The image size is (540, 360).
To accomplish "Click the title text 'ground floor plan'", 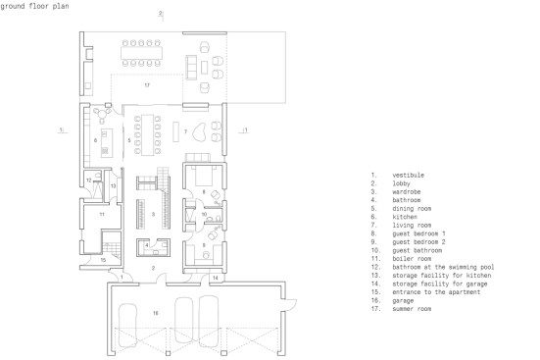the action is (x=34, y=6).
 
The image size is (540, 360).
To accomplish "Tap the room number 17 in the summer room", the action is (x=147, y=85).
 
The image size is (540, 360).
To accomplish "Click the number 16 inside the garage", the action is (x=156, y=313).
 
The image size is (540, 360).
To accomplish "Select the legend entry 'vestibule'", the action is (x=408, y=176).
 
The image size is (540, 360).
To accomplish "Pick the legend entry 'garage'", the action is (x=403, y=301).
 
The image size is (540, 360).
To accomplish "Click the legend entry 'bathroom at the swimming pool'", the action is (x=443, y=267).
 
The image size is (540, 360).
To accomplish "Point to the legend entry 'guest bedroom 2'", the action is (x=418, y=242).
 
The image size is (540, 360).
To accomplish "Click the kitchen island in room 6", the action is (x=107, y=143).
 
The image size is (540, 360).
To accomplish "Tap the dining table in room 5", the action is (x=147, y=134).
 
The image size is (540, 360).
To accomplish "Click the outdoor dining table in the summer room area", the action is (x=141, y=53).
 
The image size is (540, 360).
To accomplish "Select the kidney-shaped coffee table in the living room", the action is (x=199, y=132).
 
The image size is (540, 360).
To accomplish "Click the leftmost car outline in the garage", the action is (x=127, y=325).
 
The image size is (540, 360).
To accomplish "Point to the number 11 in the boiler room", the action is (x=102, y=215).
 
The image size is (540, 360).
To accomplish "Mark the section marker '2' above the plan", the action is (x=160, y=14).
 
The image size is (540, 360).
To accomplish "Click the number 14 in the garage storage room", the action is (x=216, y=278).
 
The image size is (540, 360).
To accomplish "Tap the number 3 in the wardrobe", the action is (x=153, y=215).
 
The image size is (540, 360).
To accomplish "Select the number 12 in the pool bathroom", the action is (x=89, y=180).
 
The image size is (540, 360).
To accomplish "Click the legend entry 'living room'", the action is (x=412, y=226).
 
